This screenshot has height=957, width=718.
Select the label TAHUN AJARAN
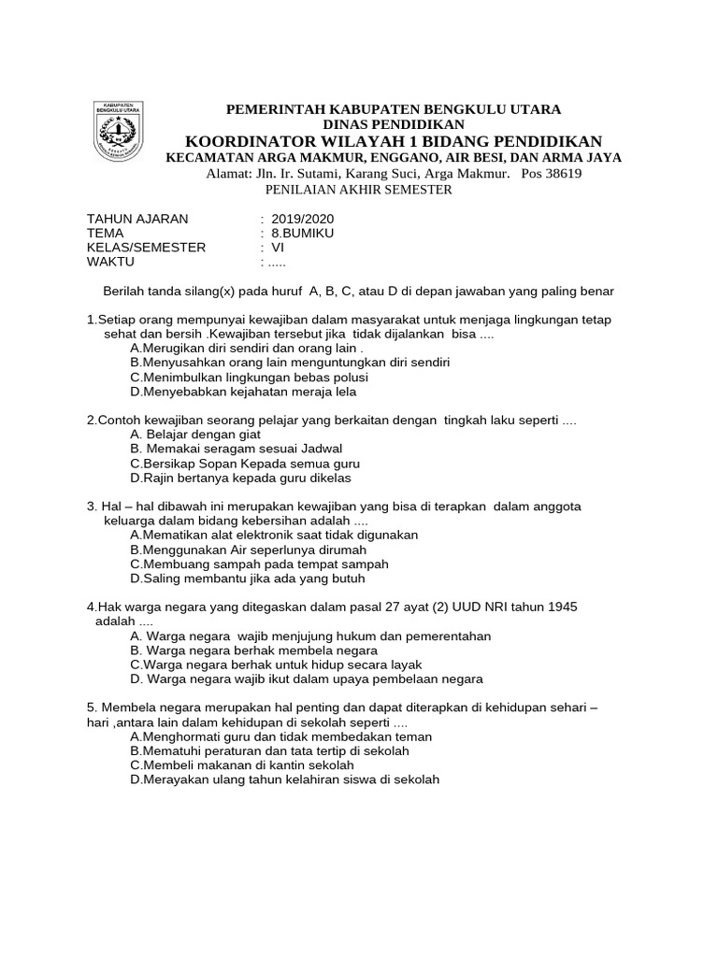137,219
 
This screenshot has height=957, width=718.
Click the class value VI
278,247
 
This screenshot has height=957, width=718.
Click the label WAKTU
111,262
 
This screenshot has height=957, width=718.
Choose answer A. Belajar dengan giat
195,435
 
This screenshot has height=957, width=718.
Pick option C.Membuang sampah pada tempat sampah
259,564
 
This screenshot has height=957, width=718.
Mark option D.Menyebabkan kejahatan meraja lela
243,392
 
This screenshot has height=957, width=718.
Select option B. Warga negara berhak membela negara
253,650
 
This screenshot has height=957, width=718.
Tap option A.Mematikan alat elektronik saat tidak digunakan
274,536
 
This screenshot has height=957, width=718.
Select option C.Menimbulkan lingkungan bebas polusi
249,378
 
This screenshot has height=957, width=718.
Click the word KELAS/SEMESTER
146,247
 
